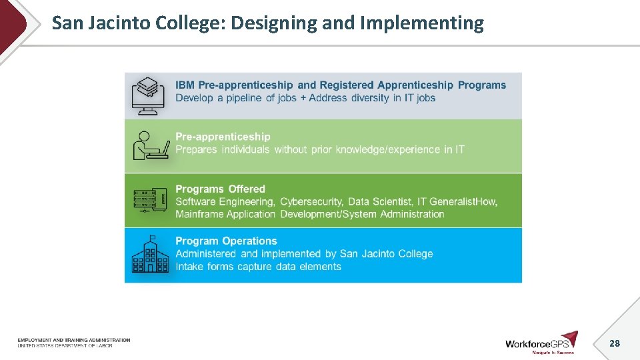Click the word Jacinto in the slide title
[121, 23]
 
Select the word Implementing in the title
[421, 23]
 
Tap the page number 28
[615, 343]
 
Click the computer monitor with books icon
[147, 95]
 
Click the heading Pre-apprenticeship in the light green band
[223, 137]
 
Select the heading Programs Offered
[220, 189]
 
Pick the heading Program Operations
[226, 241]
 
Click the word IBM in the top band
[185, 85]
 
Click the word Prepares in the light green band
[196, 149]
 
